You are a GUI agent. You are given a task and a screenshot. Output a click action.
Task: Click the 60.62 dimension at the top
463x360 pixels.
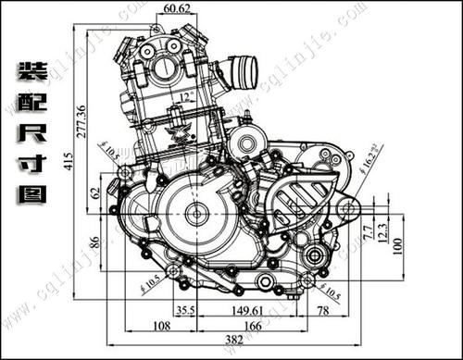click(176, 9)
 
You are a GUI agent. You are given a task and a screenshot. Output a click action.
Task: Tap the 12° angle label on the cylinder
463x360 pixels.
click(189, 96)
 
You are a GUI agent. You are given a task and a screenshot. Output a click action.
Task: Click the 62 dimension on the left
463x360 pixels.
click(94, 193)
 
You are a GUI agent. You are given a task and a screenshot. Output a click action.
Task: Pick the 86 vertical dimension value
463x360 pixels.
click(94, 242)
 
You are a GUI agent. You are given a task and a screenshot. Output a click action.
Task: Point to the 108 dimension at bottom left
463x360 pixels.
click(161, 326)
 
